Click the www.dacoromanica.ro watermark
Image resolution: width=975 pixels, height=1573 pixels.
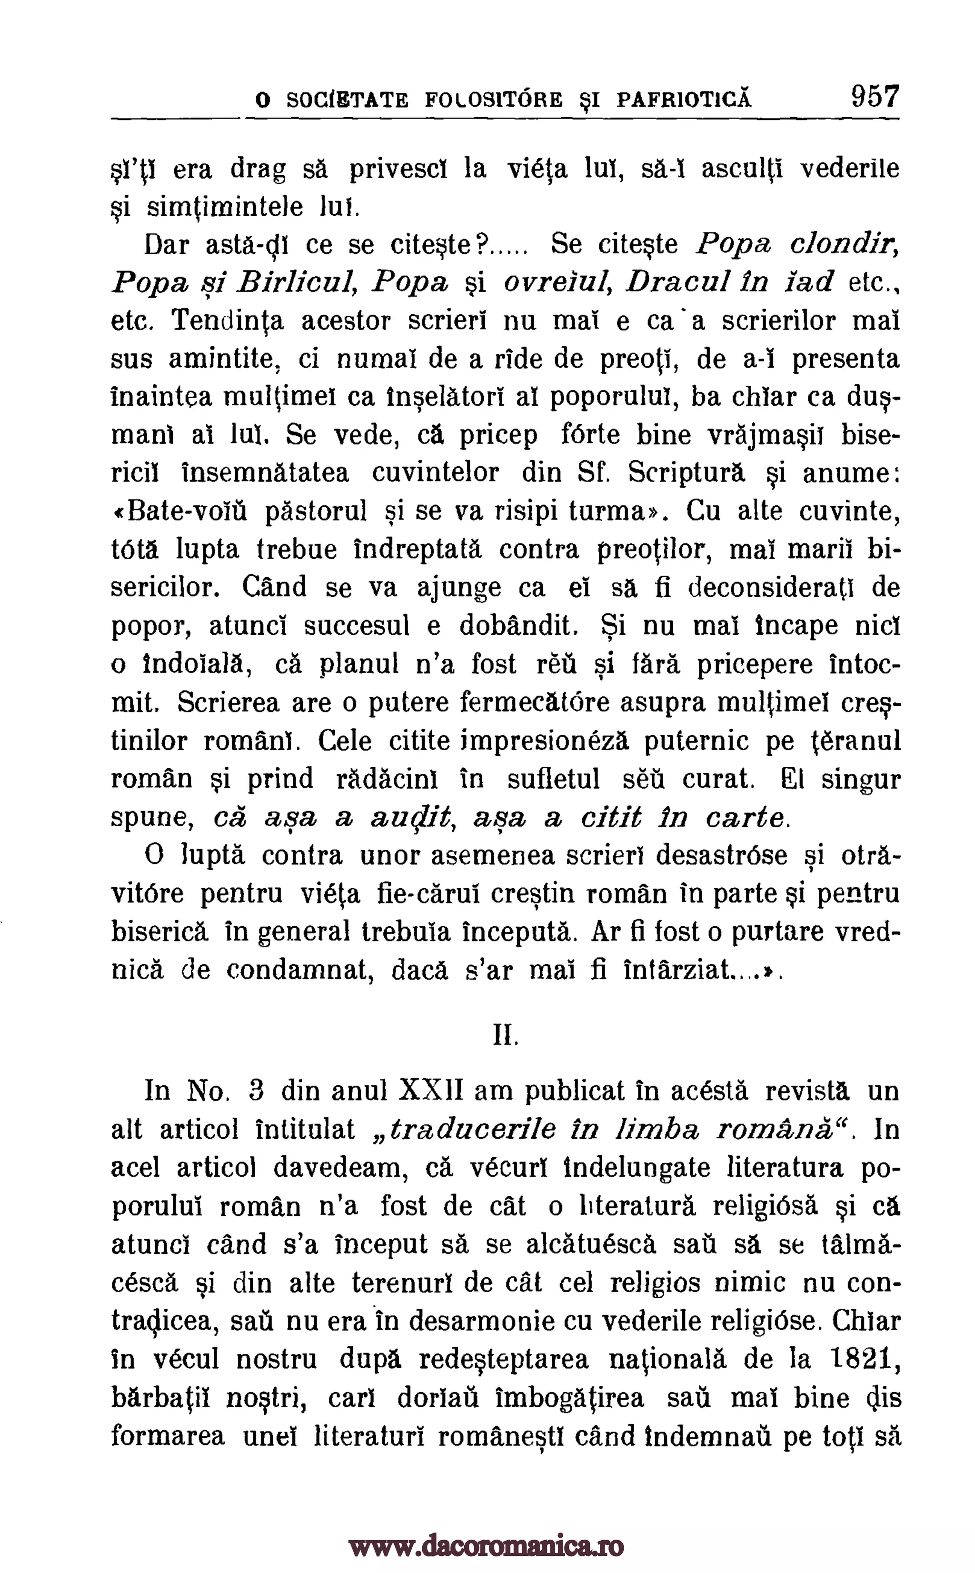(487, 1529)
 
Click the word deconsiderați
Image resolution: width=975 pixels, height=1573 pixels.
(771, 588)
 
